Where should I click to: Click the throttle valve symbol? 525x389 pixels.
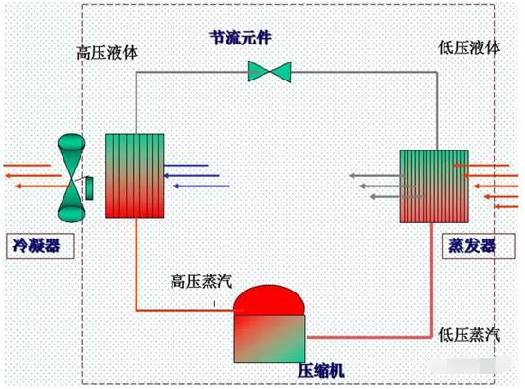click(x=269, y=72)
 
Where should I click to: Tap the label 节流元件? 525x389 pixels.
click(x=241, y=38)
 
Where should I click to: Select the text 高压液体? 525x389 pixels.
click(x=107, y=52)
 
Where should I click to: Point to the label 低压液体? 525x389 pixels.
click(x=469, y=48)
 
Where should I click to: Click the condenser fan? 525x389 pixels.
click(x=71, y=178)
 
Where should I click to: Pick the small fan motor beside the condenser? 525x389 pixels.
click(x=89, y=188)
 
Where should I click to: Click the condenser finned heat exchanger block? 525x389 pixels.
click(x=135, y=176)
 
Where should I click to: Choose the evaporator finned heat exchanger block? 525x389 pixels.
click(x=434, y=186)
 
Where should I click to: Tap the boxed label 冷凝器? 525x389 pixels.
click(x=40, y=246)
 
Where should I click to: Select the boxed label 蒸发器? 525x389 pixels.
click(x=479, y=246)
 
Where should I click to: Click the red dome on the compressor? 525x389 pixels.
click(x=269, y=300)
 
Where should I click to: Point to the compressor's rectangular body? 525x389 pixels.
click(x=269, y=339)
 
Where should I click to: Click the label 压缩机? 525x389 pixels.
click(x=320, y=371)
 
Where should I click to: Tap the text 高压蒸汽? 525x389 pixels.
click(x=201, y=281)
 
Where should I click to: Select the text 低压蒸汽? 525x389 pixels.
click(x=469, y=334)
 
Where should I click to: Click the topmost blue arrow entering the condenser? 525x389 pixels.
click(x=186, y=166)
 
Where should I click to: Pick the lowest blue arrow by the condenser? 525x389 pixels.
click(x=202, y=186)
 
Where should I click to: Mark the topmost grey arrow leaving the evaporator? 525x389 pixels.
click(x=376, y=176)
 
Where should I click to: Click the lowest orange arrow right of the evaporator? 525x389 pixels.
click(x=506, y=207)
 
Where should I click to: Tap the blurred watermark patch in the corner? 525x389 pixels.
click(x=470, y=365)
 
